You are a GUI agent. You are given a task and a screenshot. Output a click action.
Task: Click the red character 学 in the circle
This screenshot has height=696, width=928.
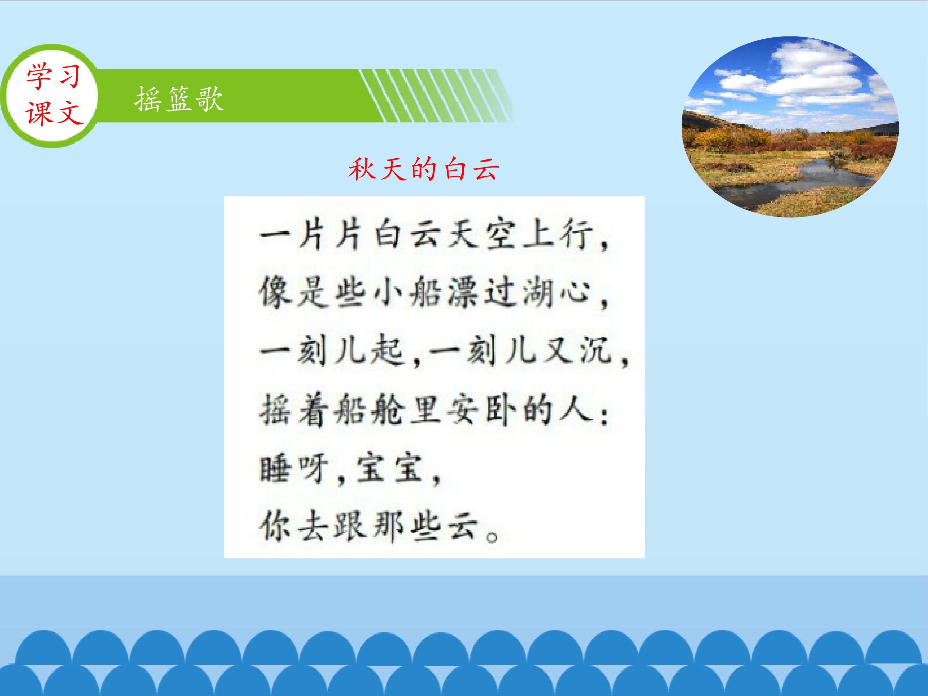39,77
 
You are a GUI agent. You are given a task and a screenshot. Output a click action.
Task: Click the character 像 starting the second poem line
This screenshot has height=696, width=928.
275,293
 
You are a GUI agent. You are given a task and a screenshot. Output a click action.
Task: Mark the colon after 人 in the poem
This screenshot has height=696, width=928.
604,416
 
